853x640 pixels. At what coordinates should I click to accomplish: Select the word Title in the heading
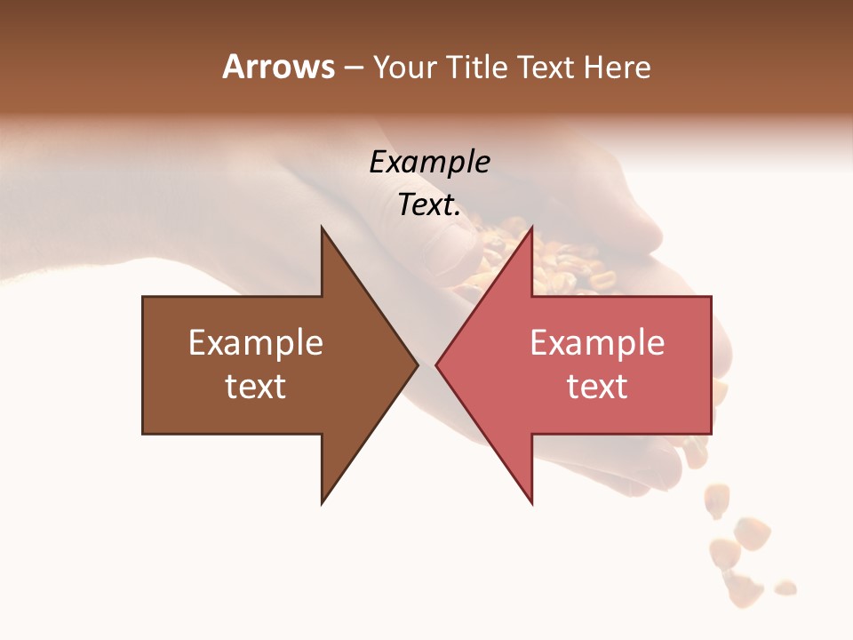476,68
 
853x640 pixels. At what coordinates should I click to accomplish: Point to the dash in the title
353,68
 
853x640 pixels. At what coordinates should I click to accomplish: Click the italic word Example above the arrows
430,162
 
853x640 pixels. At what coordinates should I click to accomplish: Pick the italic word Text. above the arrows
430,205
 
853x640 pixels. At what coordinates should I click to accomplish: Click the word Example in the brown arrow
256,343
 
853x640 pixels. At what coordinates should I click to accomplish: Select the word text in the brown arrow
256,387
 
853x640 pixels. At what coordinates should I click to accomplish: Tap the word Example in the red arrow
597,343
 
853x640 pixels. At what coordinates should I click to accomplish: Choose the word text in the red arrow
597,387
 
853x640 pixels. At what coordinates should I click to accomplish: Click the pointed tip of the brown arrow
416,364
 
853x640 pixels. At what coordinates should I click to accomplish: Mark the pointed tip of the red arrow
438,364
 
